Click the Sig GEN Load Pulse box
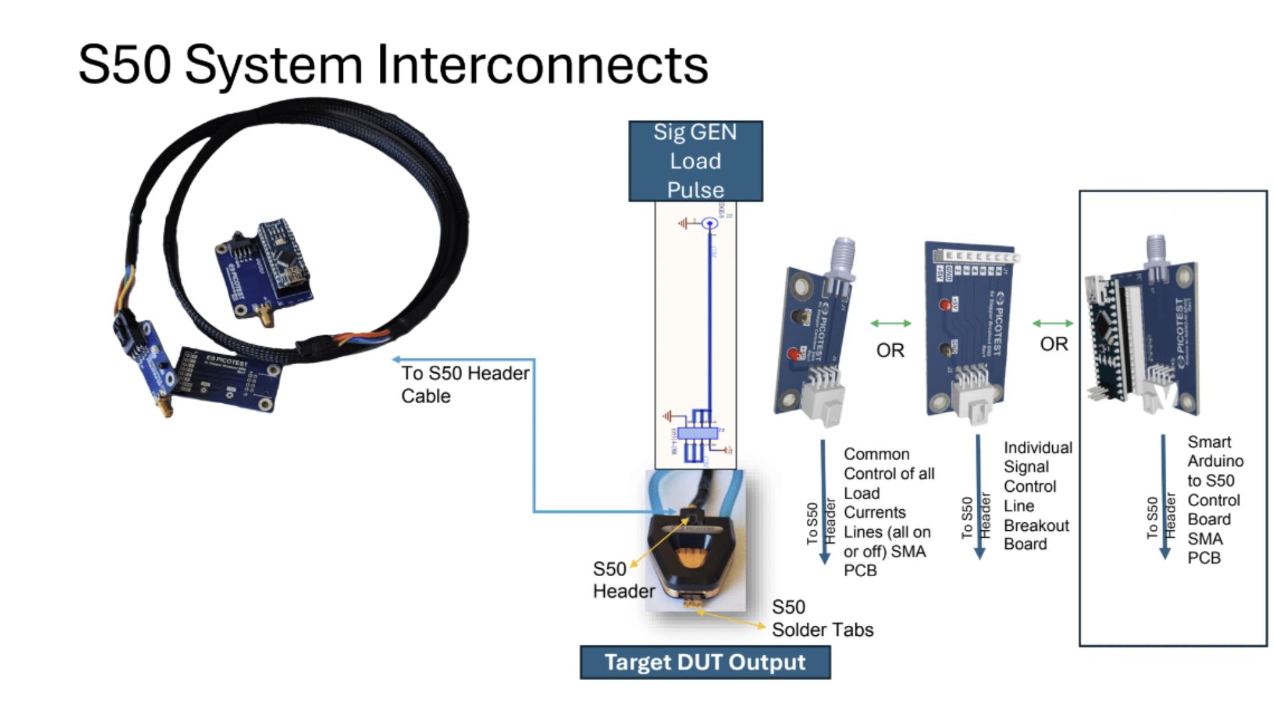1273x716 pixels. [x=695, y=161]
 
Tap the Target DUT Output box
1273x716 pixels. [x=705, y=662]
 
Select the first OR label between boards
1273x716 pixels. [x=890, y=350]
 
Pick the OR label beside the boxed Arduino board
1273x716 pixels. [x=1054, y=344]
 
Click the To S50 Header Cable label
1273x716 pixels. [x=464, y=385]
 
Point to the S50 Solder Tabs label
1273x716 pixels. [x=822, y=619]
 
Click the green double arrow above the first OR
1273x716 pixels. [x=890, y=324]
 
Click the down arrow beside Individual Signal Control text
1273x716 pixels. [x=979, y=497]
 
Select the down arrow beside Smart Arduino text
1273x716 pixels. [x=1164, y=497]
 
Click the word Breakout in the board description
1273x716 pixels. [x=1036, y=526]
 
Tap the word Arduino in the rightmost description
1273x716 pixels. [x=1215, y=461]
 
